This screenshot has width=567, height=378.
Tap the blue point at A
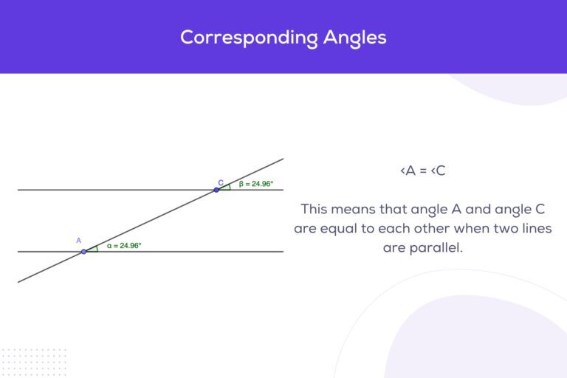[x=83, y=252]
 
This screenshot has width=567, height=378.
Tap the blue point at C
[x=216, y=190]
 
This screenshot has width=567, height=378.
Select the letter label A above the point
[x=78, y=241]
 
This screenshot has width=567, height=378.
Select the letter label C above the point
[x=221, y=182]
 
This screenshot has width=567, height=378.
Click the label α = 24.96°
[x=124, y=246]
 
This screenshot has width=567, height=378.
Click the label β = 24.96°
[x=256, y=184]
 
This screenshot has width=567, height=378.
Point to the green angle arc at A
[x=97, y=249]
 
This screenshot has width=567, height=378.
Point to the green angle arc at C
[x=230, y=187]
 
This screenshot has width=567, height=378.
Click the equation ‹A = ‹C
[x=423, y=171]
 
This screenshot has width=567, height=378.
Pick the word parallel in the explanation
[x=436, y=248]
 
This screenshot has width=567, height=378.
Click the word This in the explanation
[x=315, y=209]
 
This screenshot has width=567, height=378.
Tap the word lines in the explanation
[x=536, y=228]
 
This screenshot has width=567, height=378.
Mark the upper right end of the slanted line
[x=283, y=159]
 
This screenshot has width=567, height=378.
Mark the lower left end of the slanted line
[x=18, y=282]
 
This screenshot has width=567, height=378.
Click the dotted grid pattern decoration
[x=34, y=362]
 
